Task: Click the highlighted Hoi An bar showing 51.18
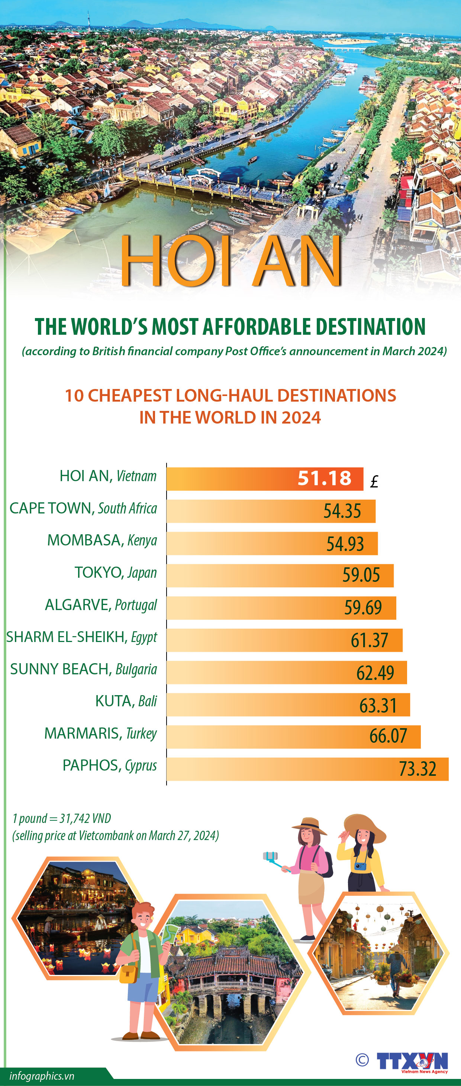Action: point(264,479)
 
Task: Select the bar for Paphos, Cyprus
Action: point(307,769)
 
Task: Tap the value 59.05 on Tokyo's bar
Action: point(361,575)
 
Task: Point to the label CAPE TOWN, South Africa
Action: point(83,508)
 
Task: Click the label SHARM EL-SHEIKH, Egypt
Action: point(81,637)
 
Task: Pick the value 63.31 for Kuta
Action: point(378,705)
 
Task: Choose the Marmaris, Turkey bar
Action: point(293,736)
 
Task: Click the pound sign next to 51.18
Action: point(374,482)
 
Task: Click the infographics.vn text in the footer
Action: point(42,1076)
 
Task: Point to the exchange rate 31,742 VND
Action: point(85,818)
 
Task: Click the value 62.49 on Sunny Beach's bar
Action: point(375,673)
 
